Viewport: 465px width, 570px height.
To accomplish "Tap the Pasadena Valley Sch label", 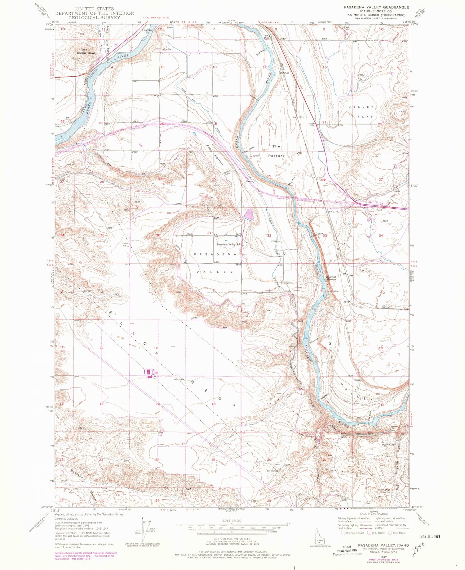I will (x=229, y=244).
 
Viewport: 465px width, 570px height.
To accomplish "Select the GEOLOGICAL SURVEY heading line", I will (x=95, y=18).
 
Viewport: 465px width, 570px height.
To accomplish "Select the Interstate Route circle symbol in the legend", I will (x=343, y=533).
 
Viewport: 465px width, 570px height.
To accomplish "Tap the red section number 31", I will (x=210, y=233).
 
